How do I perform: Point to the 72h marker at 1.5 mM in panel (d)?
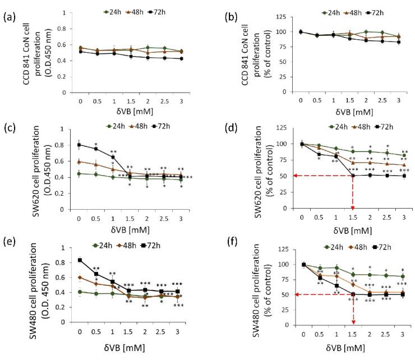click(354, 176)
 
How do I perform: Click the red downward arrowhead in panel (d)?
click(354, 205)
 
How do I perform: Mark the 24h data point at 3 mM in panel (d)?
click(404, 155)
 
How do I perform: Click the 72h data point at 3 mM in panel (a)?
click(179, 59)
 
